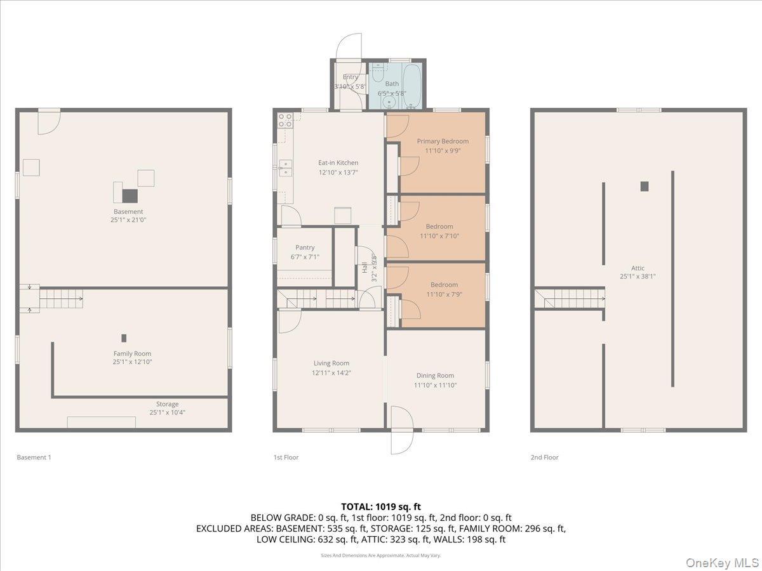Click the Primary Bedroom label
tap(443, 141)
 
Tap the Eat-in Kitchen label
tap(338, 163)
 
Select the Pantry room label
tap(305, 248)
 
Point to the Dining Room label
tap(435, 376)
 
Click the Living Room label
tap(331, 364)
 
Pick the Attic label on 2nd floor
tap(638, 268)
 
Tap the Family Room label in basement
tap(132, 354)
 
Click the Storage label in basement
tap(168, 404)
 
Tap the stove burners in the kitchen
tap(284, 118)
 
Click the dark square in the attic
tap(645, 186)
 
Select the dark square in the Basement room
tap(130, 195)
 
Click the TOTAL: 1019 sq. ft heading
tap(381, 506)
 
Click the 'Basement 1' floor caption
tap(34, 457)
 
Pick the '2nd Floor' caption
tap(545, 457)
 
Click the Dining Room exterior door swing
tap(401, 431)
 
